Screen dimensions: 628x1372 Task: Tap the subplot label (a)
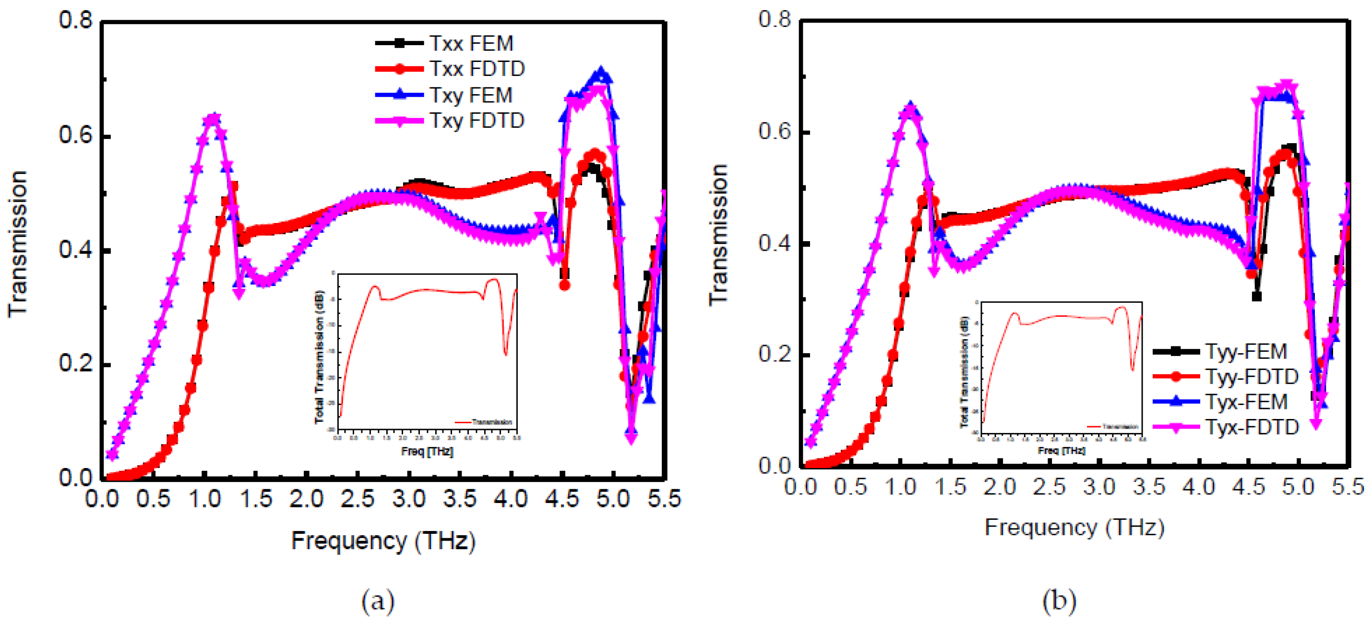378,602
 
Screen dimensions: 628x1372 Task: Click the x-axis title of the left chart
383,541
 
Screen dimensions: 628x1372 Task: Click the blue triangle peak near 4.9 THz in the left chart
601,74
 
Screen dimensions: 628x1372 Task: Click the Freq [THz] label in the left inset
427,452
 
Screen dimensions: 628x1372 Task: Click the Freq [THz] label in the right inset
1061,451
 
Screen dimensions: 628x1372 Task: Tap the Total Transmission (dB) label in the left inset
319,357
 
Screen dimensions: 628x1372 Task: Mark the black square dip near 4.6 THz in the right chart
1256,296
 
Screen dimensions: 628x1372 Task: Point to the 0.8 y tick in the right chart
775,20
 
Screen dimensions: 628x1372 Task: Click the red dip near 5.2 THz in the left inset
505,354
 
